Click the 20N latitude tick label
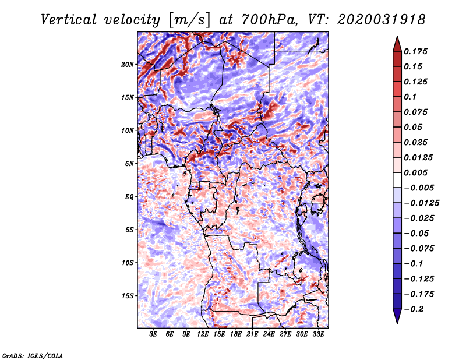127,65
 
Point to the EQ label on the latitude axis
129,197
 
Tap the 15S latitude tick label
127,296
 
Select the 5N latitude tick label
129,164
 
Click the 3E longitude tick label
153,334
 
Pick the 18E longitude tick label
236,334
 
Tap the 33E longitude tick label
318,334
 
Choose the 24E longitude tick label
269,334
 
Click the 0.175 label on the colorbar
415,51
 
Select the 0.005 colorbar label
415,172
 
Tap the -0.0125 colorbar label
422,203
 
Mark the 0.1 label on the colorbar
410,97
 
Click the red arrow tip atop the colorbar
397,37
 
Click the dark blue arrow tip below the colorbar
397,323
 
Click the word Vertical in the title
68,20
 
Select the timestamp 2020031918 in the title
381,20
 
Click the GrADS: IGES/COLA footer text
33,355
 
